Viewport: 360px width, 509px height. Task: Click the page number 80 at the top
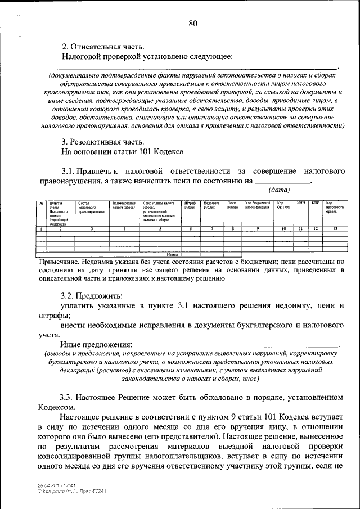pos(193,23)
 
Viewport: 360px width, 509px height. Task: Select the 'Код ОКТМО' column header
pos(284,205)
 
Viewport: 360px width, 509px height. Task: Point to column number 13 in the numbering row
pos(335,229)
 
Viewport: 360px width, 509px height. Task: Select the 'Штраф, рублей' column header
pos(190,205)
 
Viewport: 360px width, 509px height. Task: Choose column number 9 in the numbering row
pos(258,229)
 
